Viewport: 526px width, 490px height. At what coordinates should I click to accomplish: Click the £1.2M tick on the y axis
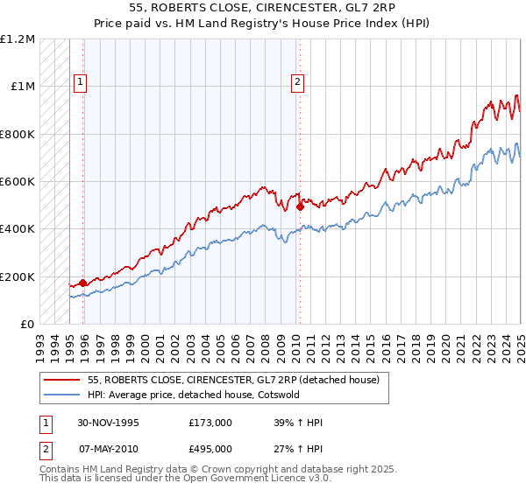(x=17, y=39)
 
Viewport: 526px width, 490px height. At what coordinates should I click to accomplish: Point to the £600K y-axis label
(x=17, y=182)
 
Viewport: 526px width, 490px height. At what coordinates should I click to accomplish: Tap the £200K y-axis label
(x=17, y=276)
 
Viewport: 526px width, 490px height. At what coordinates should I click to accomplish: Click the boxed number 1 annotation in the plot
(x=80, y=83)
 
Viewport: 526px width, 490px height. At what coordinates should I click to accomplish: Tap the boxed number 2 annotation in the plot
(x=297, y=83)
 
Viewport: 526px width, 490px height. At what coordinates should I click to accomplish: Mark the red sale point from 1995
(x=82, y=283)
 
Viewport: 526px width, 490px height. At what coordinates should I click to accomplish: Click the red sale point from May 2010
(x=299, y=206)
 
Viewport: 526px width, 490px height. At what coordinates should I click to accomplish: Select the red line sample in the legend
(x=62, y=380)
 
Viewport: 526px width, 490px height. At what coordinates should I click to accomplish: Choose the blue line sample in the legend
(x=62, y=395)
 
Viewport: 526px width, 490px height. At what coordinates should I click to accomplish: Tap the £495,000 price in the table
(x=210, y=448)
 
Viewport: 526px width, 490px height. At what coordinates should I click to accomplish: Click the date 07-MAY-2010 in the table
(x=108, y=448)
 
